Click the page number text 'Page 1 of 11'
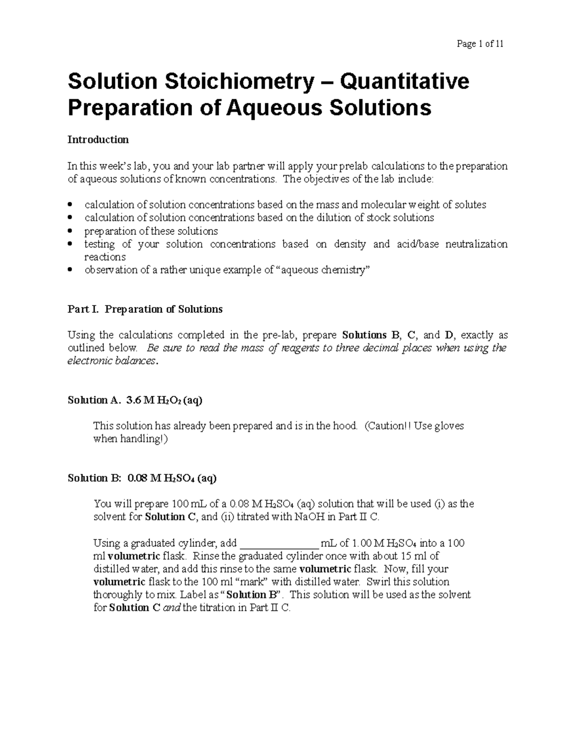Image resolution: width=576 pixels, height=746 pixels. [480, 44]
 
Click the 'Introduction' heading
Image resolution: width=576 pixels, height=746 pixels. [98, 140]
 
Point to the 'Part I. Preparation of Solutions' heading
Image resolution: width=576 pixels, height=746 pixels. [145, 309]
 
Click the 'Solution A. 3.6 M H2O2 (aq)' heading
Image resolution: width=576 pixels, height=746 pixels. [135, 400]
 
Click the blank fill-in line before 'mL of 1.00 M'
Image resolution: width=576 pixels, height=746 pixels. [279, 544]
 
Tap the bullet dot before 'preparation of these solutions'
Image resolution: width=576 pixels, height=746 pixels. [71, 231]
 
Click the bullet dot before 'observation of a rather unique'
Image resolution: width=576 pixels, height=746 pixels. [71, 270]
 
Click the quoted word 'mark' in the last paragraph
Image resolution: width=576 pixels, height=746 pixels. [254, 582]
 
